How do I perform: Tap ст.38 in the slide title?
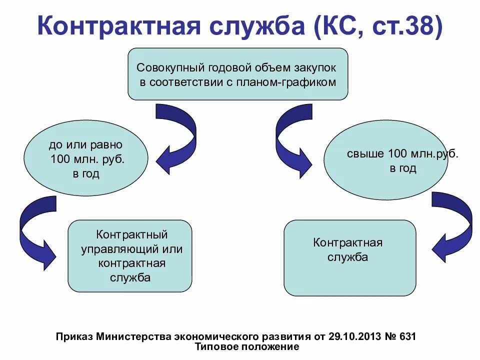pyautogui.click(x=406, y=26)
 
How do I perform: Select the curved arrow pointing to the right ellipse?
pyautogui.click(x=292, y=140)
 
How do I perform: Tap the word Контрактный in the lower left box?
pyautogui.click(x=131, y=234)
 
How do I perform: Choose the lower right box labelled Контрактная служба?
pyautogui.click(x=349, y=258)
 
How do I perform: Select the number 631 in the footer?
pyautogui.click(x=406, y=336)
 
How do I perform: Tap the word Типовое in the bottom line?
pyautogui.click(x=214, y=346)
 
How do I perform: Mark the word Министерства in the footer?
pyautogui.click(x=132, y=336)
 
